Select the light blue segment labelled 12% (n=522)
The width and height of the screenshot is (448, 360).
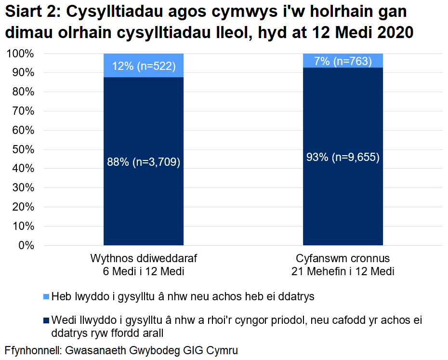[144, 66]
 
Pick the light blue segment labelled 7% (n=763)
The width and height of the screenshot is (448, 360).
[343, 61]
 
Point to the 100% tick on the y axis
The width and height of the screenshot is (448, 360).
[21, 53]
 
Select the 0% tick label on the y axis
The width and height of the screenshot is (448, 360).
[25, 245]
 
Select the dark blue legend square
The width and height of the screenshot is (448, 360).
[46, 320]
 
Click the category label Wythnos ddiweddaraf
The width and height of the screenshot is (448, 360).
[144, 258]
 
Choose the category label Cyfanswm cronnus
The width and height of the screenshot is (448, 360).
[343, 258]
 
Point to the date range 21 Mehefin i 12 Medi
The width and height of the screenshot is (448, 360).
[343, 271]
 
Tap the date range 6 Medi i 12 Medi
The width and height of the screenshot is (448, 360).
[144, 271]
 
